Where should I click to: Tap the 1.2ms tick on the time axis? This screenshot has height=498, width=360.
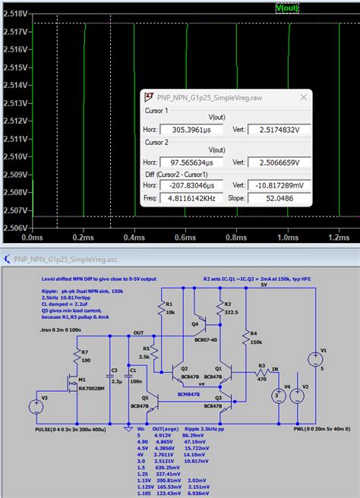pos(336,237)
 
